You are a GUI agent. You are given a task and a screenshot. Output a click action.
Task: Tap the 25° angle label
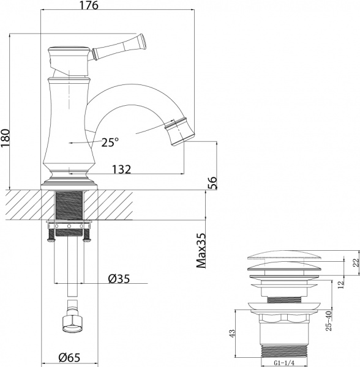click(x=110, y=142)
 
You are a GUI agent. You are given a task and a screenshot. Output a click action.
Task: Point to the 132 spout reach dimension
click(x=122, y=169)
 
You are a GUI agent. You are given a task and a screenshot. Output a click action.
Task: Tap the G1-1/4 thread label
click(x=284, y=361)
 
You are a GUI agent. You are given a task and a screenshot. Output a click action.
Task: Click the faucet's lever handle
click(x=122, y=46)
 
